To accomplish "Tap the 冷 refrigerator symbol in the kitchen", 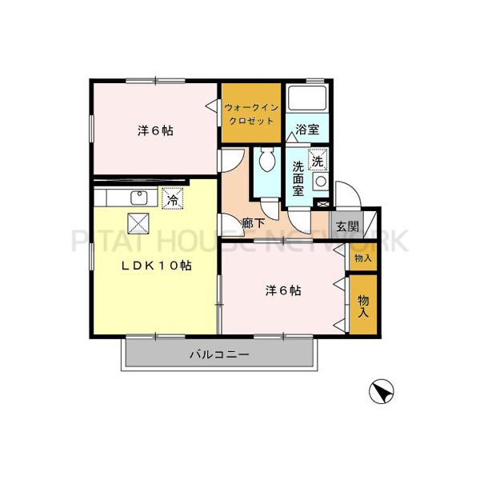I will click(172, 199).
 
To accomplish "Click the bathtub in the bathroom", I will click(308, 99).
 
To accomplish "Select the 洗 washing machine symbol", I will click(318, 160).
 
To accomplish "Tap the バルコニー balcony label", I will click(219, 353).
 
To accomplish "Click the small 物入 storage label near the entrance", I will click(363, 258).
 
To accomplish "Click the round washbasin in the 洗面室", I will click(320, 181).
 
